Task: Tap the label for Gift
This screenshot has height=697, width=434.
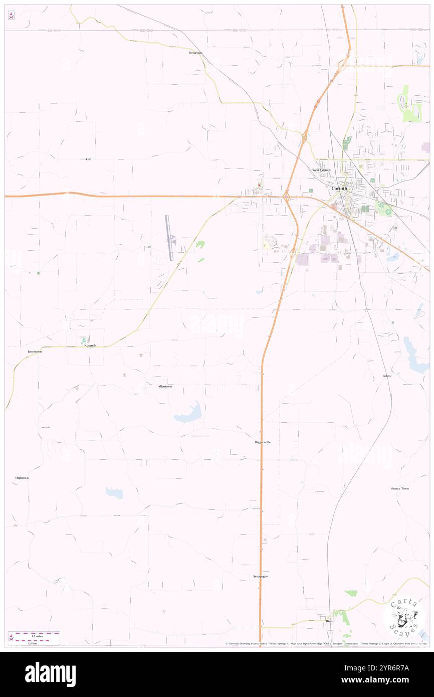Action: (x=89, y=159)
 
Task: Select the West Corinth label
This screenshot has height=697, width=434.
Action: (x=321, y=170)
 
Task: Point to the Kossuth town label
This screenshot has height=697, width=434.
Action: (x=90, y=345)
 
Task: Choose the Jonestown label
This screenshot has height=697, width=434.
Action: (x=35, y=352)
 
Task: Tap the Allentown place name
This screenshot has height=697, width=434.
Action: (x=165, y=387)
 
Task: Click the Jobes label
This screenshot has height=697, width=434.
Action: (x=386, y=376)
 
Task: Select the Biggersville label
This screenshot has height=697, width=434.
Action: (x=263, y=442)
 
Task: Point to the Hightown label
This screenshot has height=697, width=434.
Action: (x=22, y=478)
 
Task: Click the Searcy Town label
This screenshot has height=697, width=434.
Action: (x=400, y=488)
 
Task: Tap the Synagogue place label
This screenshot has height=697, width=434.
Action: (x=261, y=577)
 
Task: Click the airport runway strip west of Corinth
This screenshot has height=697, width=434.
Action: (x=169, y=238)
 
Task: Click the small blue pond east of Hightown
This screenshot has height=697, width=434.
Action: (x=115, y=493)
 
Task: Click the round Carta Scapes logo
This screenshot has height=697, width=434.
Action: (x=404, y=617)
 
